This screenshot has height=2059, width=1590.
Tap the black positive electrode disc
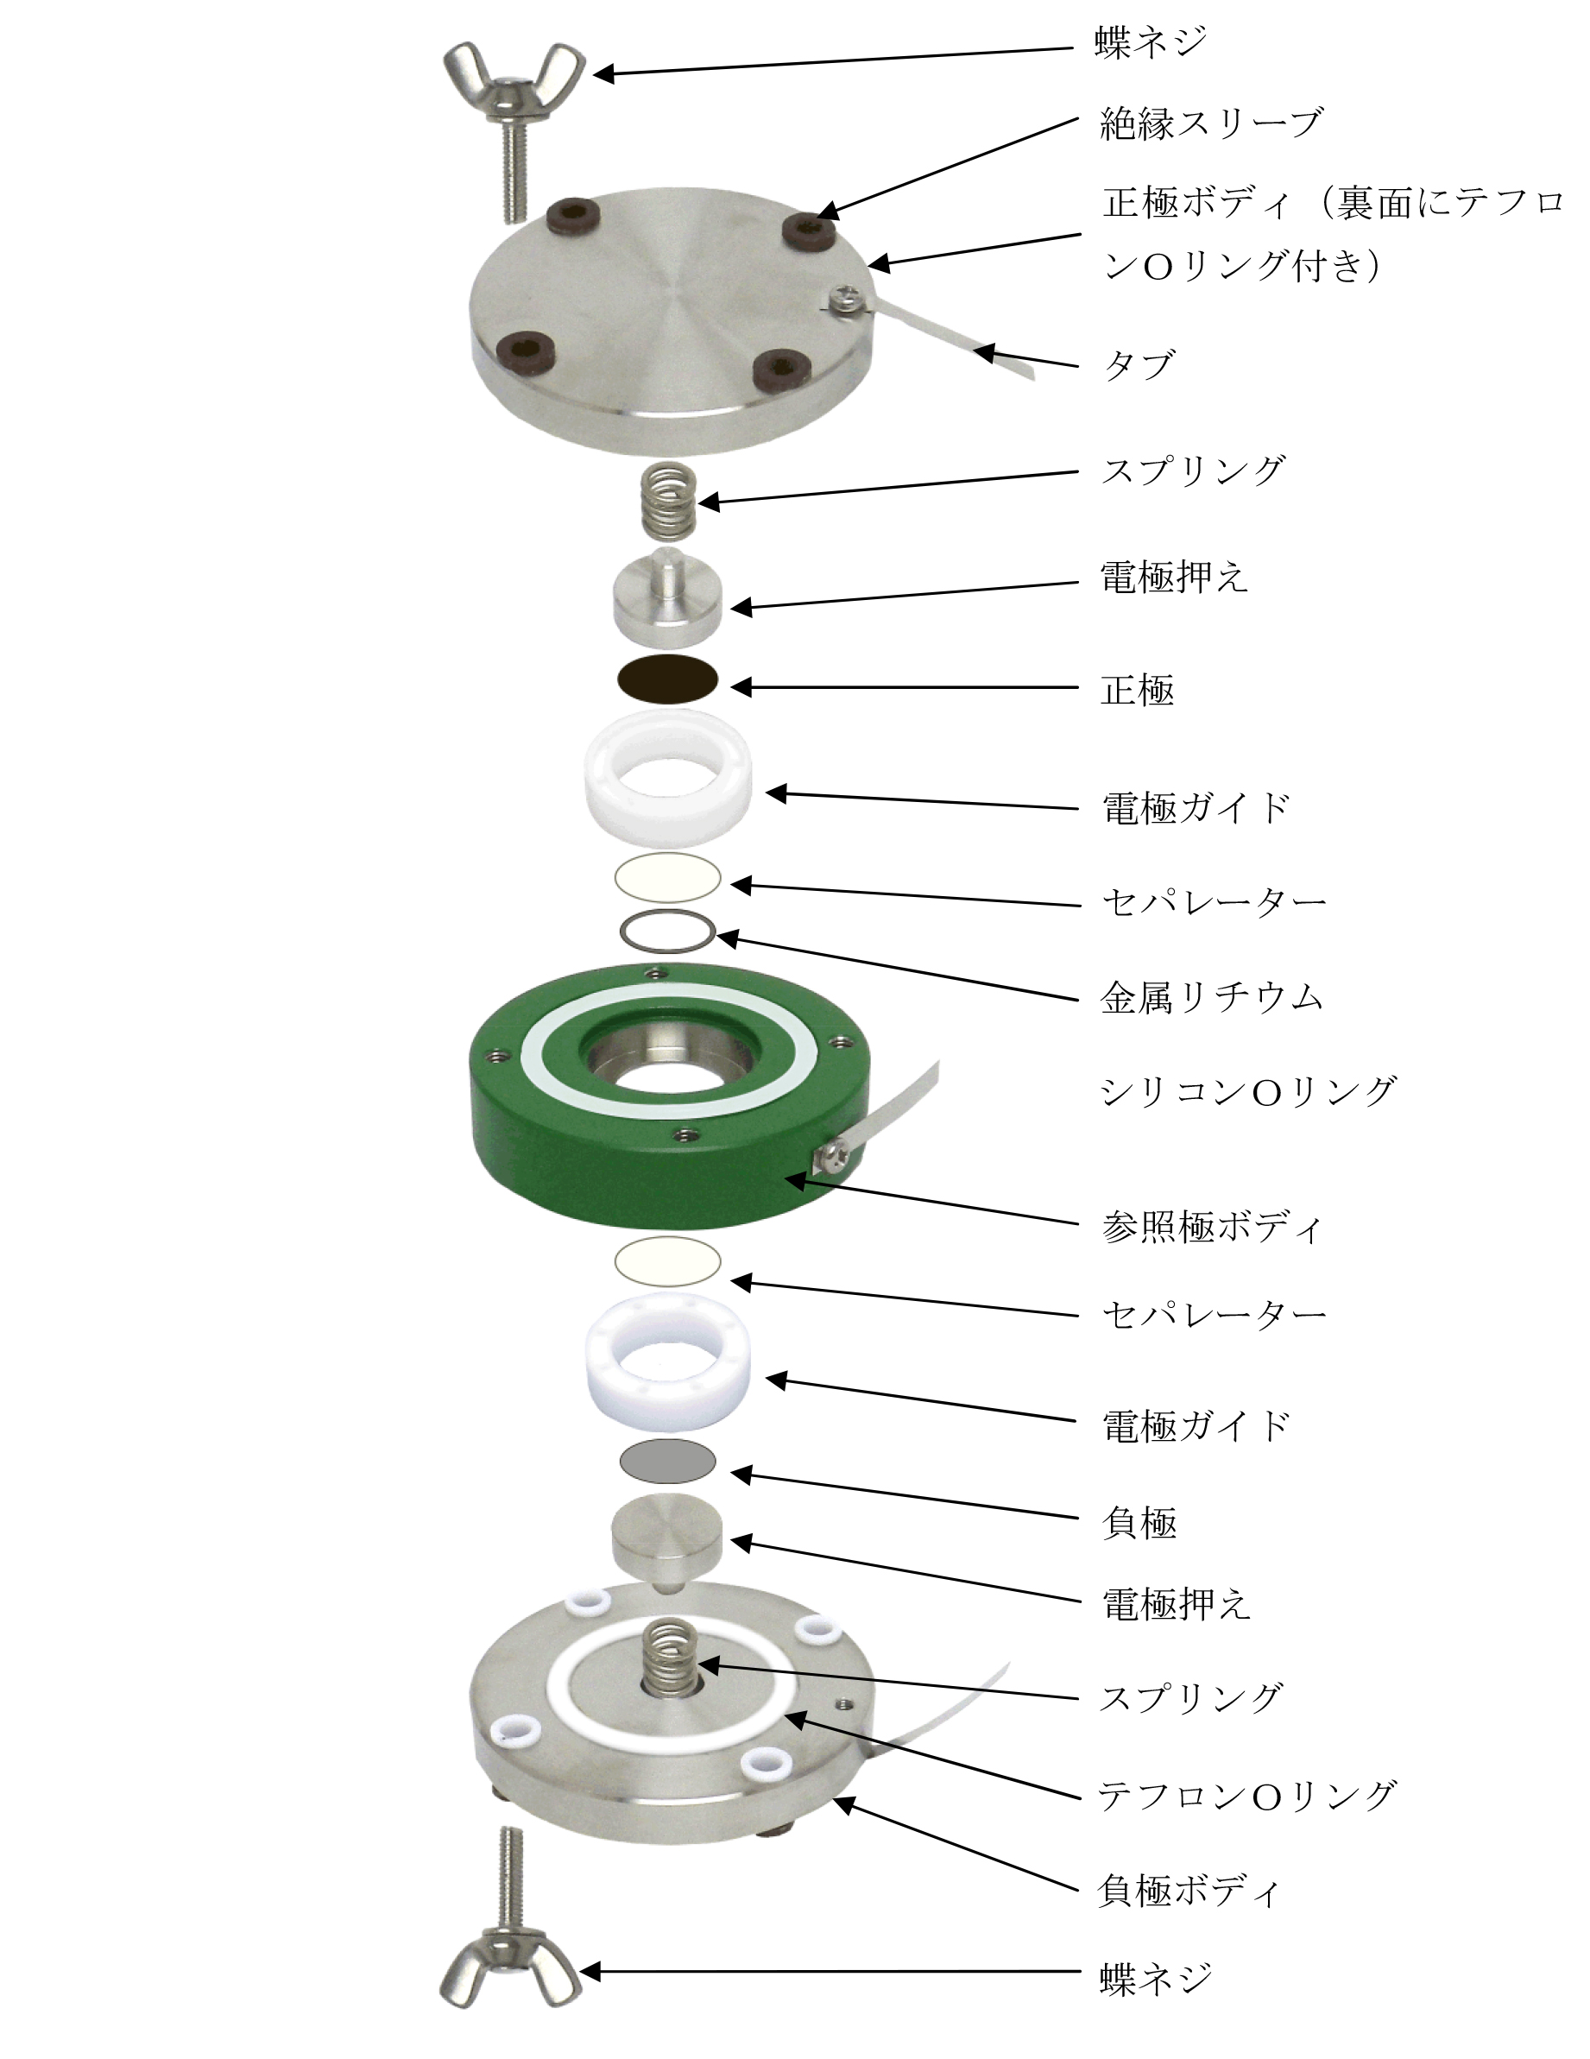pos(667,679)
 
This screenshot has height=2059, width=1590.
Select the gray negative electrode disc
pos(667,1462)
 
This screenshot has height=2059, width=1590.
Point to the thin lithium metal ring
pos(667,932)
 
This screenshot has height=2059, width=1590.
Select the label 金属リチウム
pos(1212,997)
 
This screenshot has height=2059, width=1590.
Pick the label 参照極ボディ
pos(1212,1227)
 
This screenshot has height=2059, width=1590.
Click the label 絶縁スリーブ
pos(1212,123)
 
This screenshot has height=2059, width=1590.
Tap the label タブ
pos(1139,365)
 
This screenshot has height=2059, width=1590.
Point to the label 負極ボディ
pos(1189,1891)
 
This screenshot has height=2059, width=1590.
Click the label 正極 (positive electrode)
pos(1138,690)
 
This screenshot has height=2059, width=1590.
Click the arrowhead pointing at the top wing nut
pos(602,73)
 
